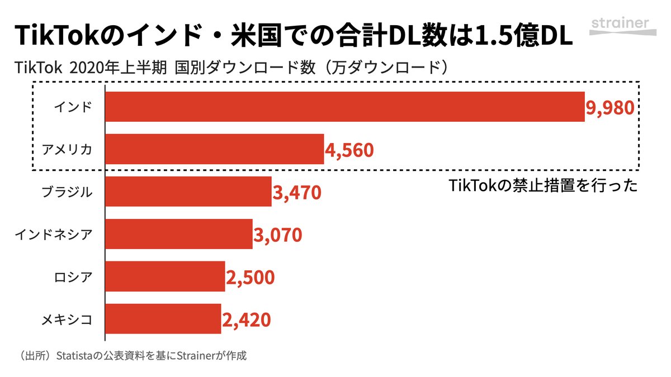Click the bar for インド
pos(344,107)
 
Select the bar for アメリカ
pos(215,149)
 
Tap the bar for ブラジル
pos(188,192)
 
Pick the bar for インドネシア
pos(179,234)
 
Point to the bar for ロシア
pos(165,276)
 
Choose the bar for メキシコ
pos(163,319)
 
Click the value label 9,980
pos(610,107)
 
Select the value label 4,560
pos(349,150)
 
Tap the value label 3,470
pos(297,192)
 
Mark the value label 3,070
pos(278,235)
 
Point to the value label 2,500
pos(250,277)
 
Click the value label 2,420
pos(247,319)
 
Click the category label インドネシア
pos(53,234)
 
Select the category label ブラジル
pos(67,192)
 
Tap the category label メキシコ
pos(67,319)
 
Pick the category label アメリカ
pos(67,149)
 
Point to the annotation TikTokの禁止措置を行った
pos(543,186)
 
